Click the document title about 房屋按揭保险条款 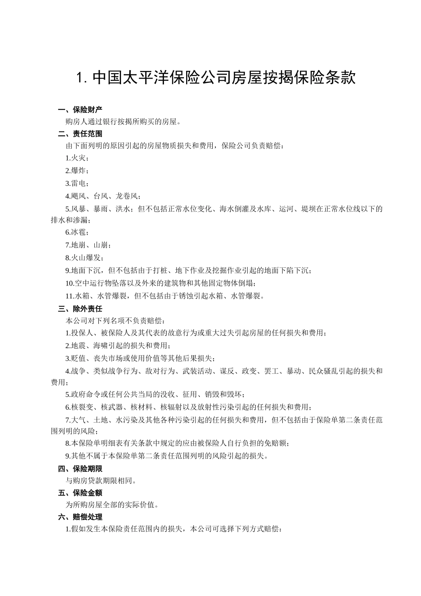216,78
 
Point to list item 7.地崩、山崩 88,245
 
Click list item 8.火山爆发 85,258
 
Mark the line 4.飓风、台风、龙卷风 103,196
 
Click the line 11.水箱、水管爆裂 165,296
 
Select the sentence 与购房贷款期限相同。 101,481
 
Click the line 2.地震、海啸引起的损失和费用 118,345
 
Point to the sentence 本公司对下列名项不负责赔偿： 115,321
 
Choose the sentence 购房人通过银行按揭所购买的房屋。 123,122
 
